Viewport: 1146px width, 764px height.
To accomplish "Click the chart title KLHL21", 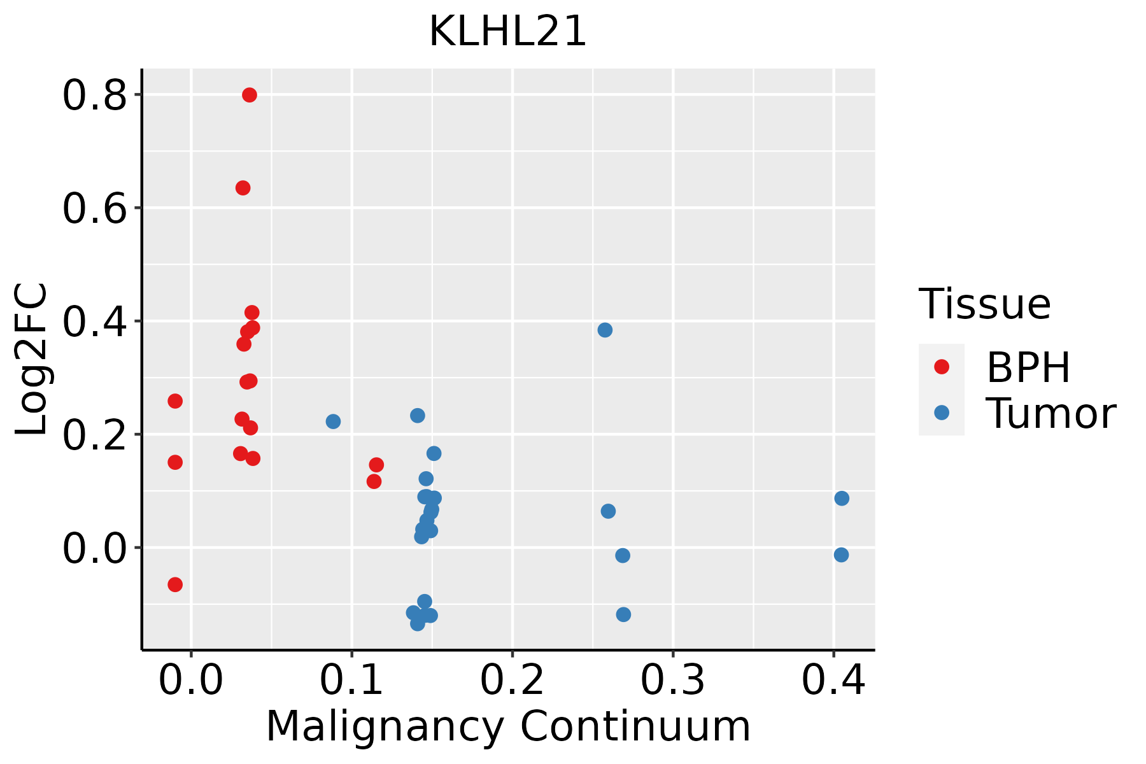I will tap(507, 32).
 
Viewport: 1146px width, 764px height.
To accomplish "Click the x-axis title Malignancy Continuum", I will tap(507, 726).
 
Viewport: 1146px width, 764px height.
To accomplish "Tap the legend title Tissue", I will tap(984, 304).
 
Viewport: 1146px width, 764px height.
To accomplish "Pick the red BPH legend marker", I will tap(941, 367).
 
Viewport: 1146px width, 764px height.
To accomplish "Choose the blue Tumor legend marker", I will tap(941, 413).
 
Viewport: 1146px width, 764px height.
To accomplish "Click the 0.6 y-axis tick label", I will tap(94, 209).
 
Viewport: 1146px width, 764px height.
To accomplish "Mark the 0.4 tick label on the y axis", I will tap(94, 322).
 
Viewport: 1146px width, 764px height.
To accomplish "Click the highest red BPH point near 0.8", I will tap(250, 95).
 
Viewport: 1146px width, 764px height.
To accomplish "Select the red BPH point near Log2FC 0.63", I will tap(243, 188).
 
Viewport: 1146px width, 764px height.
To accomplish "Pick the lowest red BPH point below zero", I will tap(175, 584).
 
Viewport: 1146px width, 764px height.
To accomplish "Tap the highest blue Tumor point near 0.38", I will tap(605, 330).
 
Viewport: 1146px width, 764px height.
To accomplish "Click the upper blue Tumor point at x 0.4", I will tap(842, 498).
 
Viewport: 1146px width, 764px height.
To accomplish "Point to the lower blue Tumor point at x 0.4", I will tap(841, 555).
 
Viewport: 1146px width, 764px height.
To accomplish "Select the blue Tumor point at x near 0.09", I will tap(333, 421).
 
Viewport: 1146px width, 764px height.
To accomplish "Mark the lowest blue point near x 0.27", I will tap(623, 614).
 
